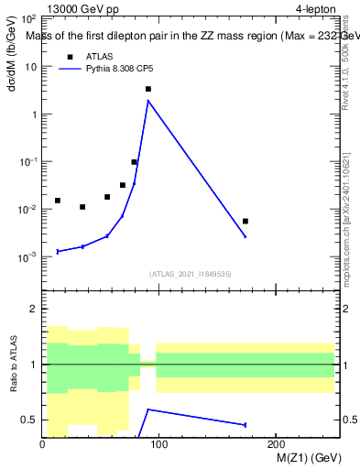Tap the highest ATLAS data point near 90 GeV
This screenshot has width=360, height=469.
point(148,89)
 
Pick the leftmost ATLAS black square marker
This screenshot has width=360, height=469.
point(58,201)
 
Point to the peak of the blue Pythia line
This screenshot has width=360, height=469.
point(148,101)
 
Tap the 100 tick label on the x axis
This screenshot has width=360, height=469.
point(158,445)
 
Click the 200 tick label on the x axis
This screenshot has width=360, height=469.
point(276,445)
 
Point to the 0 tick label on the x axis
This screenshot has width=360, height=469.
point(42,445)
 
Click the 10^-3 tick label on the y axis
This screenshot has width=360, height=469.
point(27,257)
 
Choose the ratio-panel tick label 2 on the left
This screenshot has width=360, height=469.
point(32,310)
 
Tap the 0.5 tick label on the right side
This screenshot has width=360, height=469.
point(349,420)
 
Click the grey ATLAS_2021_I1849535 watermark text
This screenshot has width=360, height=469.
point(191,274)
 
